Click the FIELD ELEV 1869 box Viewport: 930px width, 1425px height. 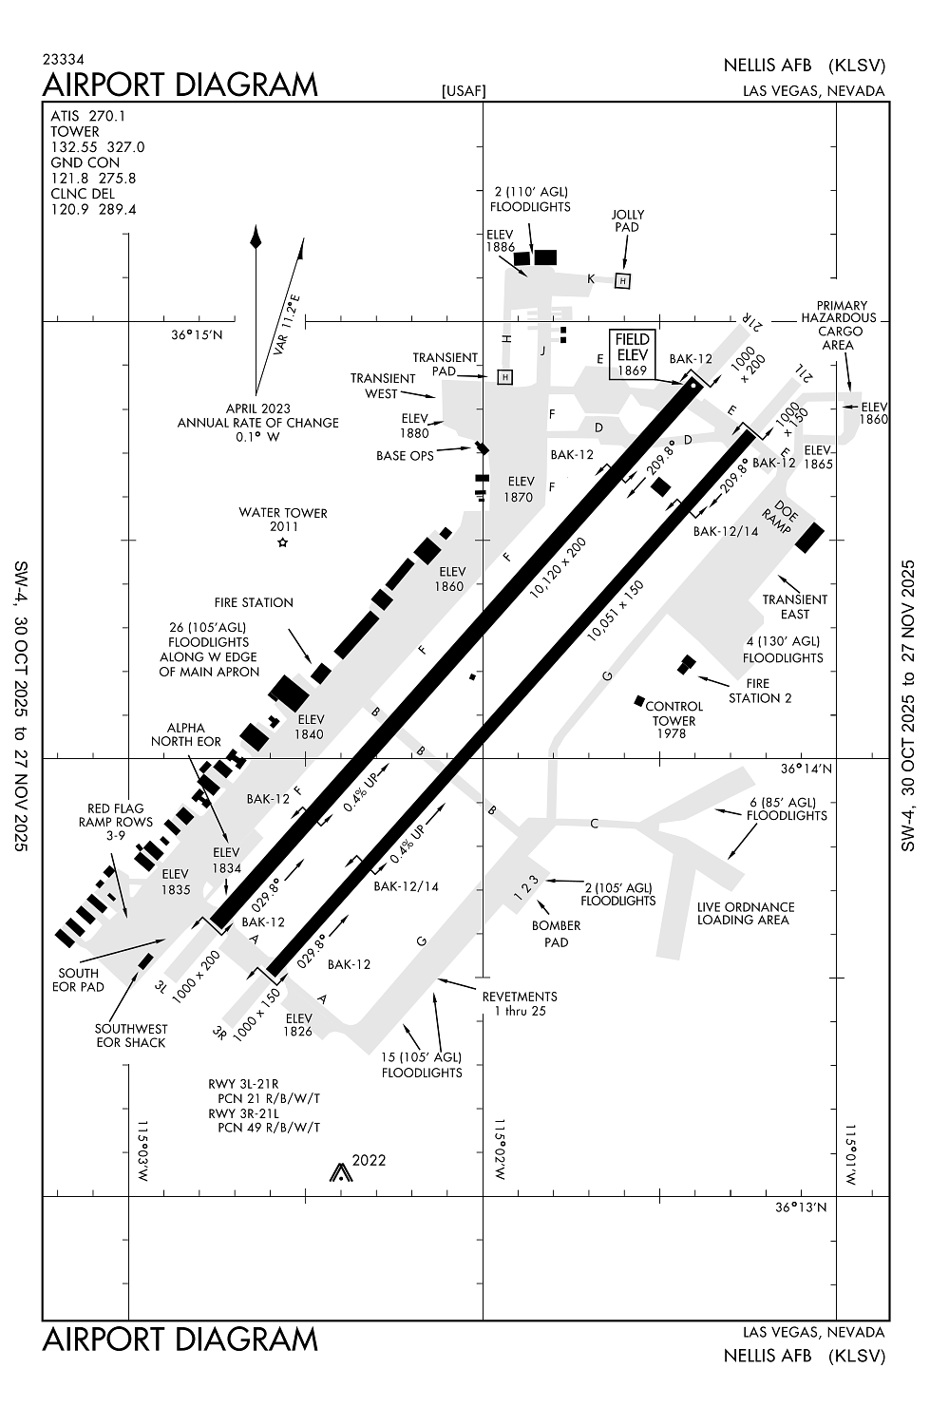pyautogui.click(x=632, y=354)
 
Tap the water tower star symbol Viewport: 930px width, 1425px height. pyautogui.click(x=282, y=542)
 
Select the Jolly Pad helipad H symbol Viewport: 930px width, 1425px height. pyautogui.click(x=622, y=280)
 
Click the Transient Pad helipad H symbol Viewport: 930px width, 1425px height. pyautogui.click(x=505, y=377)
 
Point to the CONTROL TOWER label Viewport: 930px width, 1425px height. pyautogui.click(x=674, y=713)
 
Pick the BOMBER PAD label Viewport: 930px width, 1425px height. pyautogui.click(x=556, y=934)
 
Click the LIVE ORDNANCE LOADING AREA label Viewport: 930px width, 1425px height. pyautogui.click(x=746, y=913)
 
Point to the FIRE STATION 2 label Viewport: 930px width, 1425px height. pyautogui.click(x=760, y=691)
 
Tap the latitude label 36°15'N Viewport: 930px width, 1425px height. pyautogui.click(x=197, y=334)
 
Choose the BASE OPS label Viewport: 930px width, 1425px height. pyautogui.click(x=405, y=455)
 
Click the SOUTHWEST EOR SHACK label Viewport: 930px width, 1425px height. pyautogui.click(x=131, y=1035)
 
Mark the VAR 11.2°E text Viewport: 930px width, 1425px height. pyautogui.click(x=286, y=325)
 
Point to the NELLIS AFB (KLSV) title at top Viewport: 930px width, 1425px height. pyautogui.click(x=804, y=66)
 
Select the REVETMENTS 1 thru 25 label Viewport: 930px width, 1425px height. pyautogui.click(x=519, y=1003)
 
